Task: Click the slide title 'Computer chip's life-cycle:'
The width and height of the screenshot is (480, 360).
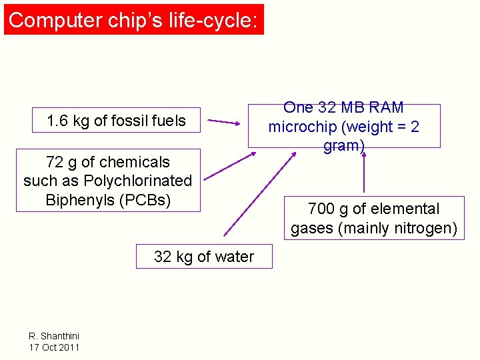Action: [133, 20]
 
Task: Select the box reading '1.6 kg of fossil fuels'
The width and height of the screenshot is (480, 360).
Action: [117, 121]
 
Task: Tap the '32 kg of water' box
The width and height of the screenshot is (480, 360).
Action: [204, 257]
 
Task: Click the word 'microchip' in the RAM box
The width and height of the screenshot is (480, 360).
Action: [301, 127]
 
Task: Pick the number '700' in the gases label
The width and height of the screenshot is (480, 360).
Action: [321, 209]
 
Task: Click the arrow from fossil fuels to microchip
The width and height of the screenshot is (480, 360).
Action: [223, 122]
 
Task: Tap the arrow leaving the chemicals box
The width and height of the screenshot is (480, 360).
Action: [229, 166]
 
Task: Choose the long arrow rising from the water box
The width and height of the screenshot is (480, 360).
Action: [261, 193]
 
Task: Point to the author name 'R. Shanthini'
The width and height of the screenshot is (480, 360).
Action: [54, 337]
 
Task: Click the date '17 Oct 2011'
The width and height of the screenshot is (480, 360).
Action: [54, 347]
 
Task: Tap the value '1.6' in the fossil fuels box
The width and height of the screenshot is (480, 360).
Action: [58, 121]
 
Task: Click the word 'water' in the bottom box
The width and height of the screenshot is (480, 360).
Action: [235, 257]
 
